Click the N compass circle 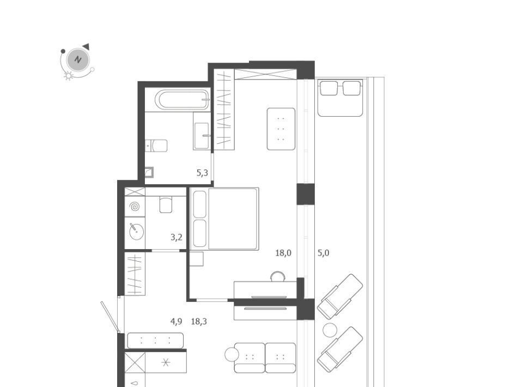pos(78,60)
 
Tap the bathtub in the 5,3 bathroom pos(182,99)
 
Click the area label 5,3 pos(202,173)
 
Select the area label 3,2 pos(177,237)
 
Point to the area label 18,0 pos(283,253)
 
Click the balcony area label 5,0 pos(323,253)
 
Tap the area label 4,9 pos(176,321)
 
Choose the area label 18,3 pos(199,321)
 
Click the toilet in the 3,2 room pos(166,204)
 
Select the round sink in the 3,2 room pos(136,231)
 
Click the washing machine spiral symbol pos(135,207)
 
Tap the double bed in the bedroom pos(224,219)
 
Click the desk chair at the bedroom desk pos(278,276)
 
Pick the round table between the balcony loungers pos(330,330)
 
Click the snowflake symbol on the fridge pos(166,362)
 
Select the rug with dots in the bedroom pos(281,129)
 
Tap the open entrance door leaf pos(111,317)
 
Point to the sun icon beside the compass pos(69,76)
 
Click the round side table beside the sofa pos(232,354)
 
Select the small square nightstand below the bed pos(197,259)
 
